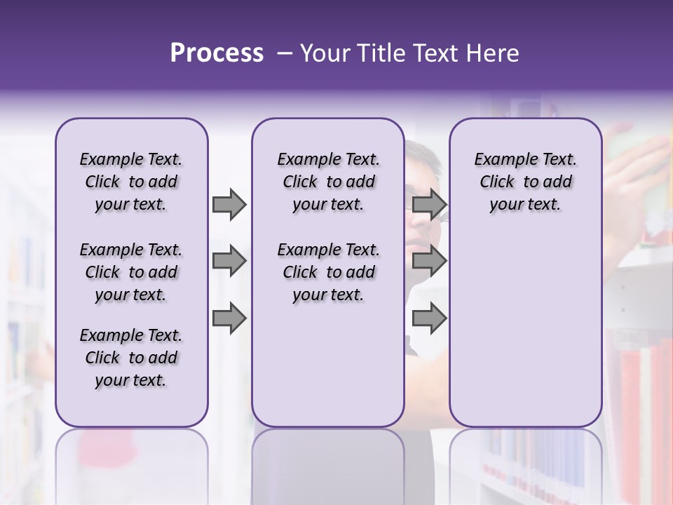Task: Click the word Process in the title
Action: point(217,53)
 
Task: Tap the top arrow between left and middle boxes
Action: point(229,204)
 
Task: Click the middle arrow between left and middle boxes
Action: point(229,262)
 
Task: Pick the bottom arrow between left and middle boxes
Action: point(229,318)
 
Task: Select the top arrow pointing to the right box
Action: point(429,204)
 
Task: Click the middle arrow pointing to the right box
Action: point(429,262)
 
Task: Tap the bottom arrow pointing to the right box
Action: point(429,318)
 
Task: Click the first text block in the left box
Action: point(131,182)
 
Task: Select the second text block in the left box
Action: point(131,272)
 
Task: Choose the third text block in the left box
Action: point(131,358)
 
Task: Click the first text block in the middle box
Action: point(328,182)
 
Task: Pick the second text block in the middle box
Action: point(328,272)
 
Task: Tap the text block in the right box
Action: point(525,182)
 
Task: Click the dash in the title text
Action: point(285,53)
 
